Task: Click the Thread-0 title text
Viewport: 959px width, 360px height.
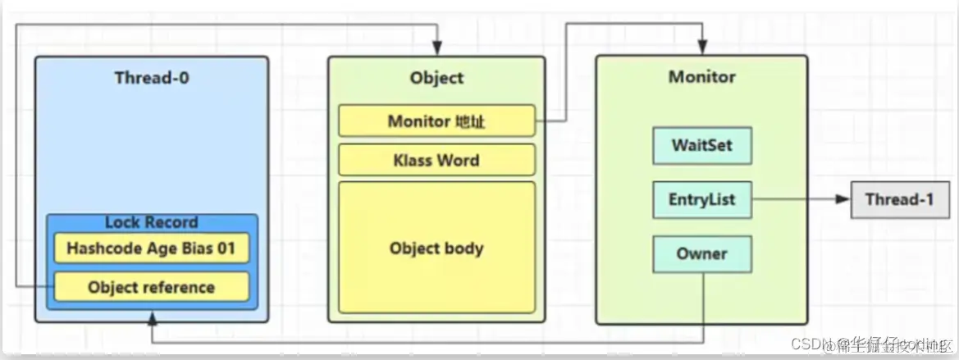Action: [x=153, y=79]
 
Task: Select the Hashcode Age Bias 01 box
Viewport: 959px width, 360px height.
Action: [x=151, y=247]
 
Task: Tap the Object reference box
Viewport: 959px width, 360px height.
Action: [x=151, y=287]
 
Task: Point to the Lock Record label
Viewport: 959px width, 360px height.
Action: [x=151, y=223]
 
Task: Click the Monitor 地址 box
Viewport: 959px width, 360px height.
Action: [x=436, y=121]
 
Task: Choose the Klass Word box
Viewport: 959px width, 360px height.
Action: [x=436, y=159]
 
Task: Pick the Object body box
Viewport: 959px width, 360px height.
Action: [x=436, y=248]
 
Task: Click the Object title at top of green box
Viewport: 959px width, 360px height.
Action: [x=436, y=79]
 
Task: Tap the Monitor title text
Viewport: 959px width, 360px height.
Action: [x=701, y=78]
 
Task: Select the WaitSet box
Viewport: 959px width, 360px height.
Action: [x=701, y=146]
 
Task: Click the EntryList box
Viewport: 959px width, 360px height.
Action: [x=701, y=199]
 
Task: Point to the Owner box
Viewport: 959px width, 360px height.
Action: [x=701, y=254]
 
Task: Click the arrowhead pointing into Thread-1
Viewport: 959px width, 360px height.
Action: [x=843, y=199]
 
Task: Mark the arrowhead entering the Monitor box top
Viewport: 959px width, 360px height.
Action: [x=702, y=51]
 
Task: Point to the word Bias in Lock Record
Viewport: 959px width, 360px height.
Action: [x=189, y=247]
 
